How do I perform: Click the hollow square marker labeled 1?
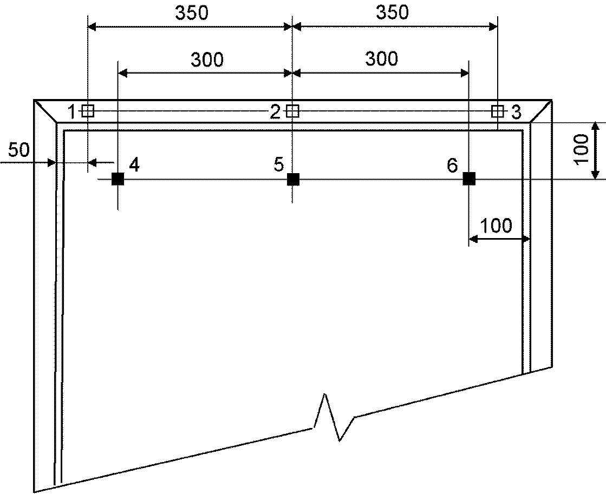pos(88,111)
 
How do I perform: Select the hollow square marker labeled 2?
pos(292,111)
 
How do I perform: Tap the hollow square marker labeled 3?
pos(497,111)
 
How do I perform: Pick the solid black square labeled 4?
pos(118,179)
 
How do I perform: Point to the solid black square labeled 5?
pos(293,179)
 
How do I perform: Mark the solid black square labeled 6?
pos(469,179)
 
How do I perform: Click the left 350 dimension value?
pos(192,13)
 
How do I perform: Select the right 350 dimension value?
pos(392,12)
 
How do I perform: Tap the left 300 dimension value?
pos(207,60)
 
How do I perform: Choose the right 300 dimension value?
pos(381,59)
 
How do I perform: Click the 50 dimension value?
pos(19,150)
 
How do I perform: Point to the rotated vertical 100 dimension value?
pos(581,150)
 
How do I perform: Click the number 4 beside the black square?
pos(134,164)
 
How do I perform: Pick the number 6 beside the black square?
pos(452,166)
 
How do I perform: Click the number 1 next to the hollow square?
pos(72,112)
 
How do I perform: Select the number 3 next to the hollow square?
pos(516,112)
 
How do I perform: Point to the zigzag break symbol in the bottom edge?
pos(333,417)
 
